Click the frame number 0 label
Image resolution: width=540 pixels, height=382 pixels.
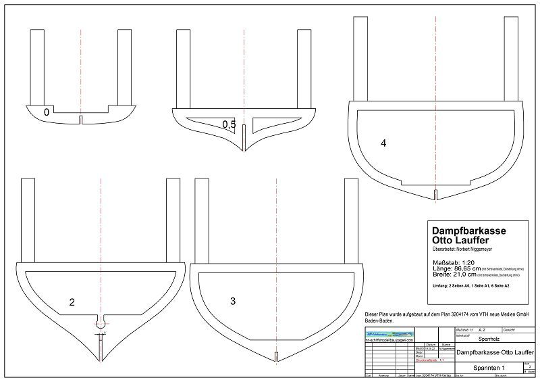(x=46, y=112)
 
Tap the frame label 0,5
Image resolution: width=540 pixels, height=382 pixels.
(x=229, y=124)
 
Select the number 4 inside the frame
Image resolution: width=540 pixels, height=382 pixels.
(x=383, y=143)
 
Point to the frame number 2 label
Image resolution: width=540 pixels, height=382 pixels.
(x=72, y=302)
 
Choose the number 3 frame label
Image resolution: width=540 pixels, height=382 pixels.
(x=233, y=301)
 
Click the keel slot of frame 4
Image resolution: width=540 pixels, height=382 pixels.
(x=435, y=195)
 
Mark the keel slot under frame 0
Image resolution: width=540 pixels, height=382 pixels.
(x=80, y=120)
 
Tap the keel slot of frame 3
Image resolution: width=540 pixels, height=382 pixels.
(x=276, y=356)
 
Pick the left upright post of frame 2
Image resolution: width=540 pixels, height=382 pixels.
(x=28, y=220)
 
